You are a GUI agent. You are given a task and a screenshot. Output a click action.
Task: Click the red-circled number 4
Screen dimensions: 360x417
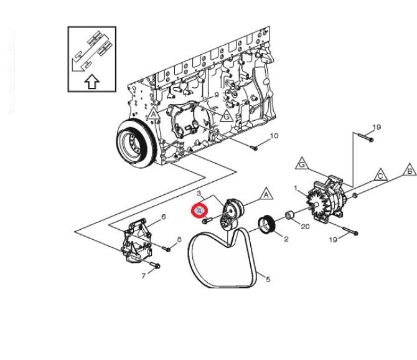pyautogui.click(x=200, y=211)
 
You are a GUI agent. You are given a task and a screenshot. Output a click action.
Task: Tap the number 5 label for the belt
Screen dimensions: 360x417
pyautogui.click(x=268, y=279)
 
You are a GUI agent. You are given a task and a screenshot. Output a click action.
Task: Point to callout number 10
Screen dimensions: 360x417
pyautogui.click(x=274, y=136)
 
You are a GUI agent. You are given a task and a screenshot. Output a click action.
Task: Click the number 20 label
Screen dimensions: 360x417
pyautogui.click(x=305, y=227)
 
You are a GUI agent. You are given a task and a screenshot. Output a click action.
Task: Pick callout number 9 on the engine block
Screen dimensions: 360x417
pyautogui.click(x=217, y=95)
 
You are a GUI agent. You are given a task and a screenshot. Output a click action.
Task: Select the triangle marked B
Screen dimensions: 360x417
pyautogui.click(x=410, y=170)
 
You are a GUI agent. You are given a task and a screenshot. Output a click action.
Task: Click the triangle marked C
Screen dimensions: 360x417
pyautogui.click(x=380, y=176)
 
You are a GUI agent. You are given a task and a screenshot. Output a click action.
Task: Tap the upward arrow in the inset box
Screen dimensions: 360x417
pyautogui.click(x=91, y=81)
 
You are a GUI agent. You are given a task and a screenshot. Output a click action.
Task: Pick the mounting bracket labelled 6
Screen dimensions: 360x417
pyautogui.click(x=138, y=239)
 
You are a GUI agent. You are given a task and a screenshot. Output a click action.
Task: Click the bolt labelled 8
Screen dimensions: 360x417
pyautogui.click(x=167, y=249)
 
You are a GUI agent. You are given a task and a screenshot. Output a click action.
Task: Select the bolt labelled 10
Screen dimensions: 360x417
pyautogui.click(x=253, y=147)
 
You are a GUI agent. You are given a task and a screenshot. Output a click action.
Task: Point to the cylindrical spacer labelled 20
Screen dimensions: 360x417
pyautogui.click(x=290, y=217)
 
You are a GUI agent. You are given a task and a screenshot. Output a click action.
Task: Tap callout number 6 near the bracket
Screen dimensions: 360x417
pyautogui.click(x=163, y=217)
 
